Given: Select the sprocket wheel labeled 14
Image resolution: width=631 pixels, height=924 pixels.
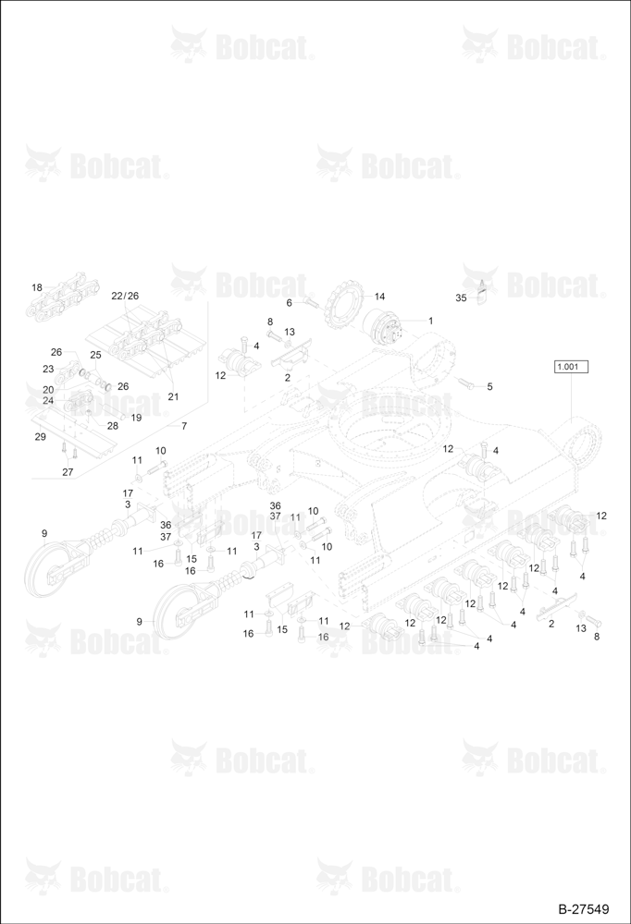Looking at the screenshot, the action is [341, 305].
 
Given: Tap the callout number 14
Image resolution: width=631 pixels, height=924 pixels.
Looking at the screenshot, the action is [379, 297].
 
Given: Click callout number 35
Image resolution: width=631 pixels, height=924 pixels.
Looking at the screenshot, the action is [461, 298].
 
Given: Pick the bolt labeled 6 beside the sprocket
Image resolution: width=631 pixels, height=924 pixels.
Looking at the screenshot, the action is [312, 304].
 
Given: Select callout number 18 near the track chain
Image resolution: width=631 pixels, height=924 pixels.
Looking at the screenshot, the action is [37, 287].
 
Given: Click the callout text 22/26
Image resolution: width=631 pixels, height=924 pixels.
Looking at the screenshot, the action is [125, 296].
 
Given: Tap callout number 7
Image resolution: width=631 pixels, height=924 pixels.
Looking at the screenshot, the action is [184, 425].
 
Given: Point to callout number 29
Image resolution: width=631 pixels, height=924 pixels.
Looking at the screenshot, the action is [40, 437].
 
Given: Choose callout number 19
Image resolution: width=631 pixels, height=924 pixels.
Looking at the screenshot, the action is [136, 418].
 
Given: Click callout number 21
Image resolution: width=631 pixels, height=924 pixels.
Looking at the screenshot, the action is [173, 396].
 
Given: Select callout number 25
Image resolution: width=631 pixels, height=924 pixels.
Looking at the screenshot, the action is [95, 355].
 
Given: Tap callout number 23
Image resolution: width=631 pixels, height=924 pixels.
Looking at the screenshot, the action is [48, 369].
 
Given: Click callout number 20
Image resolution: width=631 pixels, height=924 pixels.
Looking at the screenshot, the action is [48, 390].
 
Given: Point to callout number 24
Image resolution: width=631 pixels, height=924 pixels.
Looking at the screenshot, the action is [48, 400].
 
